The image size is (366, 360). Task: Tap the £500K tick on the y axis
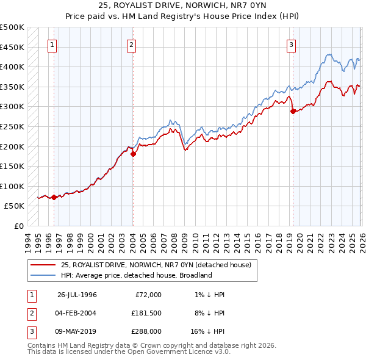click(x=12, y=27)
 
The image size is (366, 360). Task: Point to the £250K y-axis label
click(x=12, y=127)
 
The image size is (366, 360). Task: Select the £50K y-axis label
click(x=15, y=206)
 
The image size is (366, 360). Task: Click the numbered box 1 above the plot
click(x=52, y=44)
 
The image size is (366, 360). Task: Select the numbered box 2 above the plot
click(x=132, y=44)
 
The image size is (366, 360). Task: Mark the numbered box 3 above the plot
click(x=292, y=44)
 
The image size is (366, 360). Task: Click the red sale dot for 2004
click(x=133, y=154)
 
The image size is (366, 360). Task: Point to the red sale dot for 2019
click(x=293, y=112)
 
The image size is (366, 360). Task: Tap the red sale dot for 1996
click(x=54, y=197)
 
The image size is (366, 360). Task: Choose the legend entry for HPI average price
click(x=135, y=275)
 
